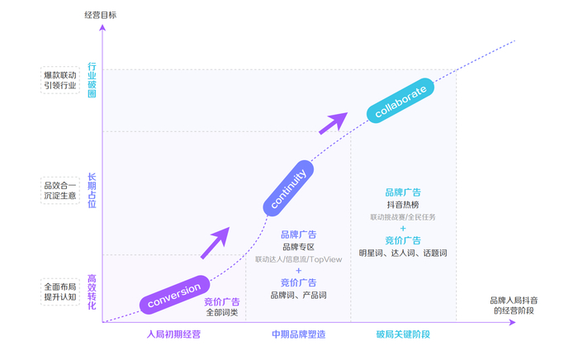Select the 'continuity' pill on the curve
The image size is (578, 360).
(288, 189)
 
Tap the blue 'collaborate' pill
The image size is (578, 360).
(400, 100)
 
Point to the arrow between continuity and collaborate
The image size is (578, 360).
(333, 122)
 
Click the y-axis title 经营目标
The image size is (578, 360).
(101, 15)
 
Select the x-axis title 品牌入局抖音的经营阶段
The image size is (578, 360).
(514, 305)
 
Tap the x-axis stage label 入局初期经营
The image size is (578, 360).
(173, 334)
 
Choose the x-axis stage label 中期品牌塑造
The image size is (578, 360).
(298, 334)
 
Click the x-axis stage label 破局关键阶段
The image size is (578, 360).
(403, 334)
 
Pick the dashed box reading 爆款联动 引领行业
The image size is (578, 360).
(60, 80)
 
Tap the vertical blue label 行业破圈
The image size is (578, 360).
(92, 79)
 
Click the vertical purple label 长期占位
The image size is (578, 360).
(92, 190)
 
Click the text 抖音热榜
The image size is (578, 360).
(403, 205)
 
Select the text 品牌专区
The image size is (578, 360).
(298, 247)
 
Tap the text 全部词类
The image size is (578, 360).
(222, 313)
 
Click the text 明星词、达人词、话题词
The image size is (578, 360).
(403, 253)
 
